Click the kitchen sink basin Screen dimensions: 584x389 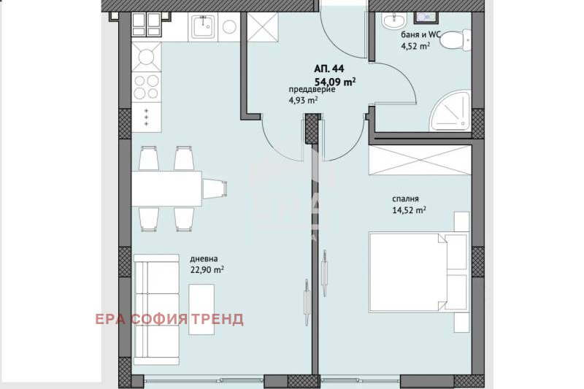pos(203,26)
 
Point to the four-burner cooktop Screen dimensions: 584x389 pos(147,87)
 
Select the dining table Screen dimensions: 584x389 pos(167,188)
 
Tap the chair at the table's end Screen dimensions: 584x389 pos(215,188)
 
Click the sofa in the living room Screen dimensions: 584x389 pos(156,309)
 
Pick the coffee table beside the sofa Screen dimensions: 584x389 pos(201,309)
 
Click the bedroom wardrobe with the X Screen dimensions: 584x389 pos(420,161)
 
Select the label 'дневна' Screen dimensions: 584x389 pos(204,258)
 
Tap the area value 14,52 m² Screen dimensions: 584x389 pos(409,210)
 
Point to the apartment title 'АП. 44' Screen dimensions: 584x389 pos(329,69)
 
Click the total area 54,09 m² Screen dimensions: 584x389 pos(335,81)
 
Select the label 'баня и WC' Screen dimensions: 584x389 pos(421,35)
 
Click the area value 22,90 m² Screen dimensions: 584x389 pos(207,269)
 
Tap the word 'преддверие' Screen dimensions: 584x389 pos(312,90)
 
